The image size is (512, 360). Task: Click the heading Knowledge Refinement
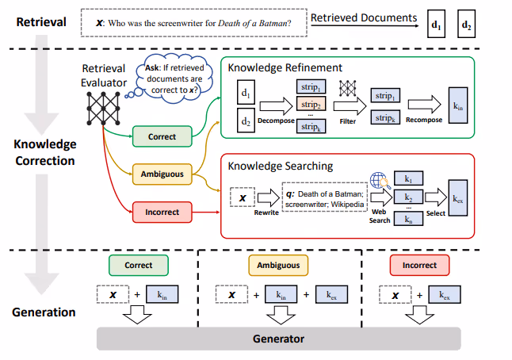285,68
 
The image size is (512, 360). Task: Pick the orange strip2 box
310,104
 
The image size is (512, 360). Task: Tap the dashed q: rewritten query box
322,195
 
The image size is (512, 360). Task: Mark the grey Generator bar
279,339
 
